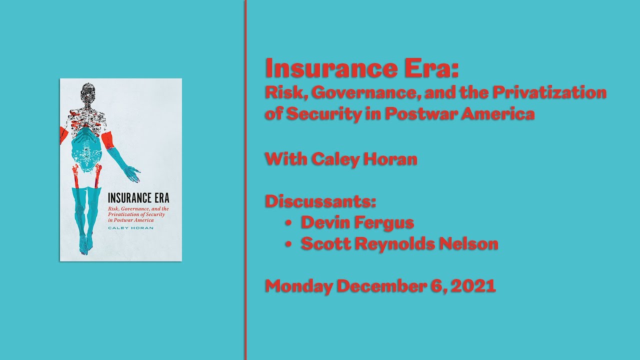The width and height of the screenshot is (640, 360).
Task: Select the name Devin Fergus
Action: coord(357,222)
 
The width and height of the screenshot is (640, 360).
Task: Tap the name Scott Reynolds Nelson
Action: coord(399,243)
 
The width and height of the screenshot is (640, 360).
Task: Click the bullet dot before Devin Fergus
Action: coord(288,223)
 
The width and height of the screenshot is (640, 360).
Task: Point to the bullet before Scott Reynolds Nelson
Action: coord(288,244)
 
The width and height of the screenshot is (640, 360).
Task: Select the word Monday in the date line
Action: coord(298,286)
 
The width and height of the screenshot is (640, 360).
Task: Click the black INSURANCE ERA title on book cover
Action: coord(138,198)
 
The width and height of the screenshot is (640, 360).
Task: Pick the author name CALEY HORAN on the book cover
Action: coord(130,228)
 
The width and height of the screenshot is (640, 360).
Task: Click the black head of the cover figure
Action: coord(88,93)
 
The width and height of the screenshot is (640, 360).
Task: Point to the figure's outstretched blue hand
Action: coord(132,173)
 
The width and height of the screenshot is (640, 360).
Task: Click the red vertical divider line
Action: coord(245,180)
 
